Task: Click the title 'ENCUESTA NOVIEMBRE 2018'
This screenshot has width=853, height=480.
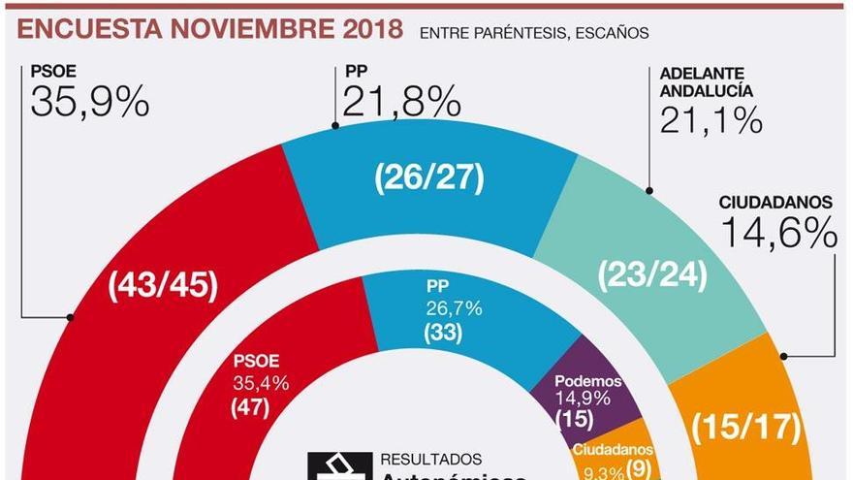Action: point(209,29)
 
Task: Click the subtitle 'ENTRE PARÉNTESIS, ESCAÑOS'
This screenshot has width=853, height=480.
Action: point(534,33)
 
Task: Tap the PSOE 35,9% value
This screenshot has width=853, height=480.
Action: point(89,101)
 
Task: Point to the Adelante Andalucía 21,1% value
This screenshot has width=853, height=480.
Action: point(711,119)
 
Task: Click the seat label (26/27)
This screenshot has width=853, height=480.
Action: point(428,178)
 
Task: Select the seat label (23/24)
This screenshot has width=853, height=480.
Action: point(652,275)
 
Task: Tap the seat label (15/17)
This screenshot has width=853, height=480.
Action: point(747,425)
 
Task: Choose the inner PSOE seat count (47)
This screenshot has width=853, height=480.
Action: point(250,407)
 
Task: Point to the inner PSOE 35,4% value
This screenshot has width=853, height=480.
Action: point(260,384)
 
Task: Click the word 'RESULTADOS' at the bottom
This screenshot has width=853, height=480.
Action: point(430,459)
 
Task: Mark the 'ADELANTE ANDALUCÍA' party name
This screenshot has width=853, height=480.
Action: point(706,82)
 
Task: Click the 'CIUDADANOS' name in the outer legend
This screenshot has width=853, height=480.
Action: point(774,203)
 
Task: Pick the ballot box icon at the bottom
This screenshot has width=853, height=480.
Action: point(336,467)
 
